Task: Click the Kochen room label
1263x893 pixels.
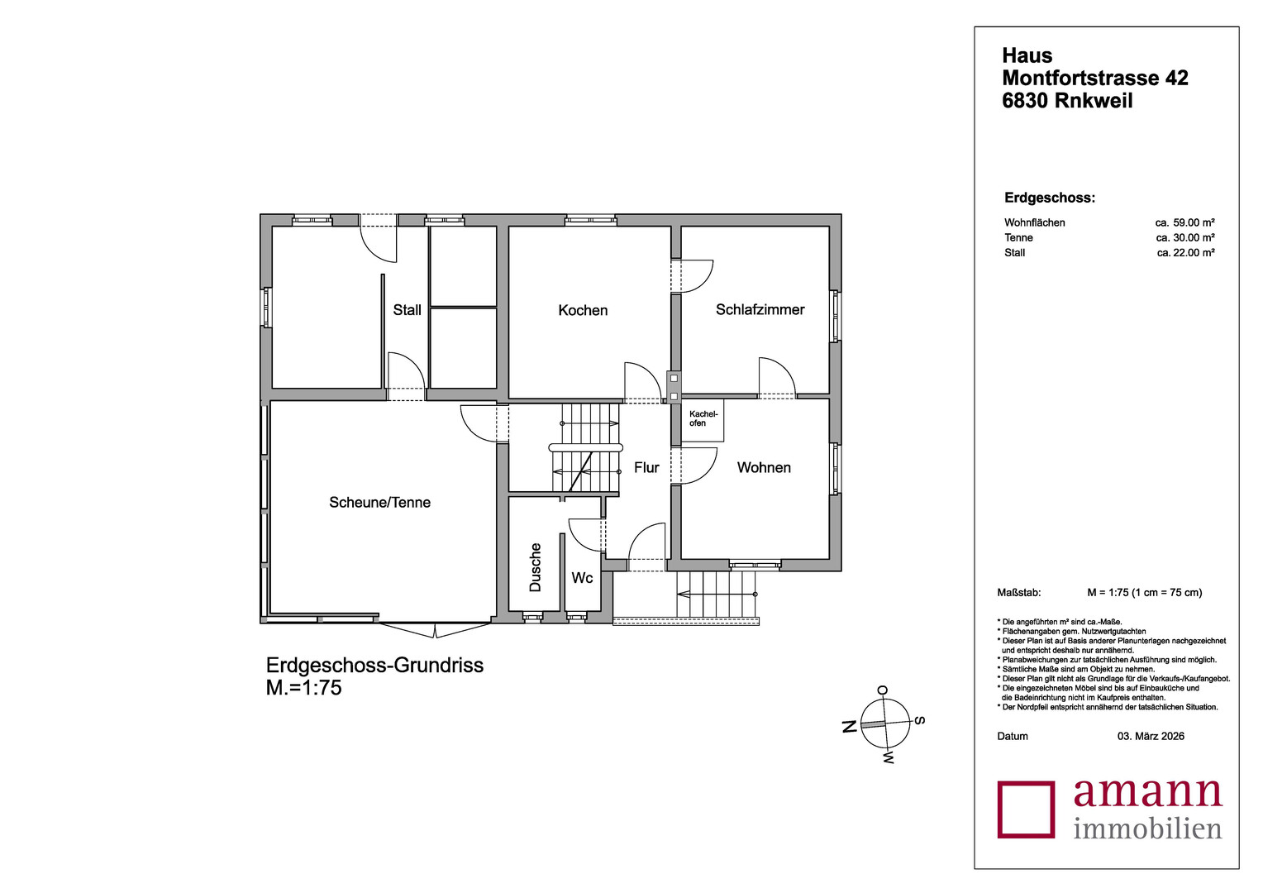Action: click(x=583, y=310)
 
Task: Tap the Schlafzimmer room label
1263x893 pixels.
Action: click(x=760, y=310)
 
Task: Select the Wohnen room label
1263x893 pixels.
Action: click(x=764, y=468)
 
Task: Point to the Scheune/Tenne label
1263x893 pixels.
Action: click(x=380, y=503)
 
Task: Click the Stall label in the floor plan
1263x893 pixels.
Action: click(x=407, y=310)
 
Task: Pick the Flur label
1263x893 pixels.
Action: click(x=646, y=468)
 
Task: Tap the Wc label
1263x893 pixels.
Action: click(x=583, y=578)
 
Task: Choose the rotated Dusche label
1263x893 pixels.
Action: click(x=535, y=567)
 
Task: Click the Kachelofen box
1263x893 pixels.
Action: click(x=703, y=420)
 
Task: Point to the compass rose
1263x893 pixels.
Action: click(x=886, y=724)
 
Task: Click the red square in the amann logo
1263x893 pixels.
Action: click(x=1027, y=809)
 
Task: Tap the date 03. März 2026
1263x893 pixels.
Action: click(x=1151, y=736)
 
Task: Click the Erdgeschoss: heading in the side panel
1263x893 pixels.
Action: click(x=1050, y=198)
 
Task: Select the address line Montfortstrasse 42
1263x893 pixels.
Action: click(x=1095, y=78)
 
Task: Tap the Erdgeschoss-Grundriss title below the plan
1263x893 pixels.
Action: click(x=375, y=666)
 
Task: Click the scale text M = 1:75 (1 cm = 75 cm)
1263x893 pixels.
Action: click(x=1145, y=593)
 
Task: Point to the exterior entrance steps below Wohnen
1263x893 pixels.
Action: click(x=716, y=595)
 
